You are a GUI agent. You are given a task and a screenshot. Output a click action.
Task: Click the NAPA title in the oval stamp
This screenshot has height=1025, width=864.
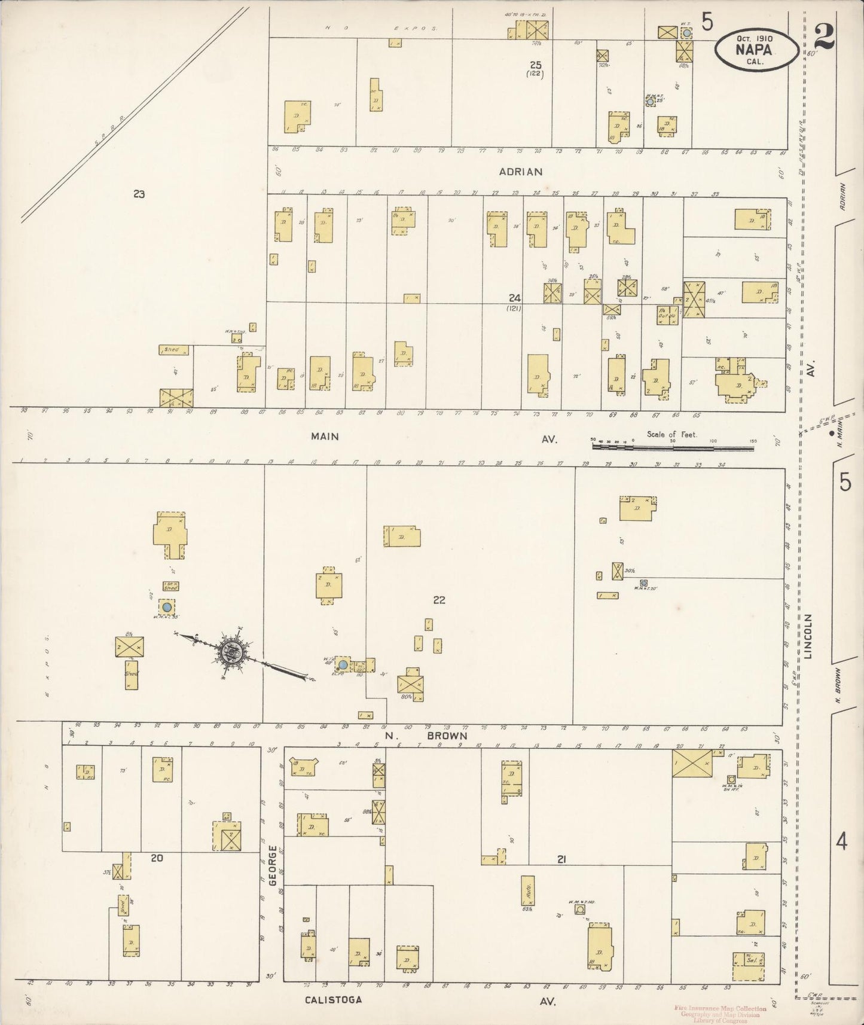756,49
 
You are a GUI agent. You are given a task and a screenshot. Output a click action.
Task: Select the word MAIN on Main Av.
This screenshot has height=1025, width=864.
325,437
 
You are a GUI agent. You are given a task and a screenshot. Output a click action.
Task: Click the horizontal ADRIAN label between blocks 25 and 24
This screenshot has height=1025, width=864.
521,172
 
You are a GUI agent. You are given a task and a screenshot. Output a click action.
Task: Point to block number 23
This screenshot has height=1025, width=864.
139,194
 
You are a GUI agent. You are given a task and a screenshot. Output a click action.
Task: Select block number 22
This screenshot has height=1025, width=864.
439,600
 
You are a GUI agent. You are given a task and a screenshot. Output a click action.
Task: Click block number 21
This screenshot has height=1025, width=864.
561,860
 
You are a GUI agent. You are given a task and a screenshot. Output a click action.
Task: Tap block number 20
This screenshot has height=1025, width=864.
157,858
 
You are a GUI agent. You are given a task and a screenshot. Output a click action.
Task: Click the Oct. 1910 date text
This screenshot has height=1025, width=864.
755,38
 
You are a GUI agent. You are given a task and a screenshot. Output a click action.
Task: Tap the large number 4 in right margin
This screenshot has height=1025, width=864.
842,843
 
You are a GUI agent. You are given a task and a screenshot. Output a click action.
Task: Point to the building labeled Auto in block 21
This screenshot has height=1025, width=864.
528,890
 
